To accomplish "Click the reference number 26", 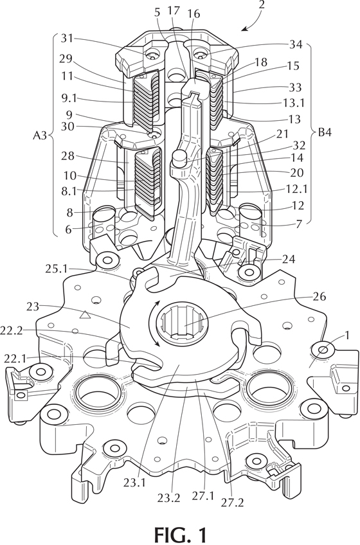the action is [320, 297].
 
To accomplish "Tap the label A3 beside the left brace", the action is [40, 136].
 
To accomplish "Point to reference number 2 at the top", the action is [262, 5].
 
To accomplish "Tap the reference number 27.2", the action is [232, 503].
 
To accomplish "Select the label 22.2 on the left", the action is [11, 330].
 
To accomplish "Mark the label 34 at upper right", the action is [296, 44].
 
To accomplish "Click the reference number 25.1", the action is [57, 269].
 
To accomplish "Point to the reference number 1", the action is [346, 336].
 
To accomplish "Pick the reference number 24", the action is [289, 259].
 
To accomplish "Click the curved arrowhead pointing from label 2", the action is [244, 28].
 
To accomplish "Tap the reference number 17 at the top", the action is [174, 12].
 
